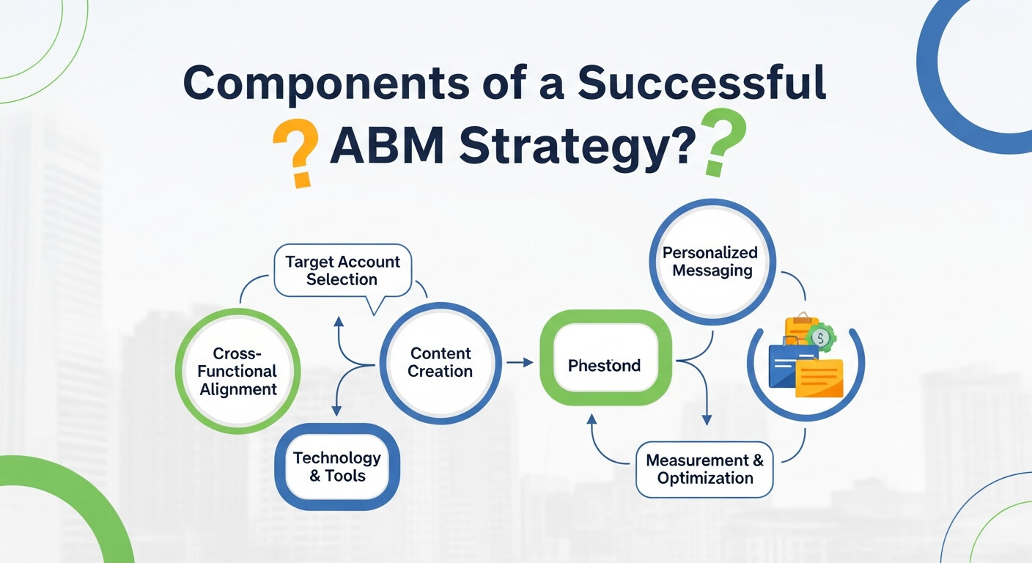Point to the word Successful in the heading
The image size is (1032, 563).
click(702, 84)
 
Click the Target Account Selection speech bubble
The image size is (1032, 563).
click(342, 271)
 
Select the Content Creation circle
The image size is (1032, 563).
click(440, 363)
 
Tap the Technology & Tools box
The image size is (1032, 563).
click(336, 467)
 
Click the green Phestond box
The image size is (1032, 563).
click(605, 365)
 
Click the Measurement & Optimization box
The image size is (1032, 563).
click(704, 469)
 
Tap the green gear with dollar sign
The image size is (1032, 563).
click(821, 338)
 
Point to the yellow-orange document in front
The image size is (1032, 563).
click(819, 378)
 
